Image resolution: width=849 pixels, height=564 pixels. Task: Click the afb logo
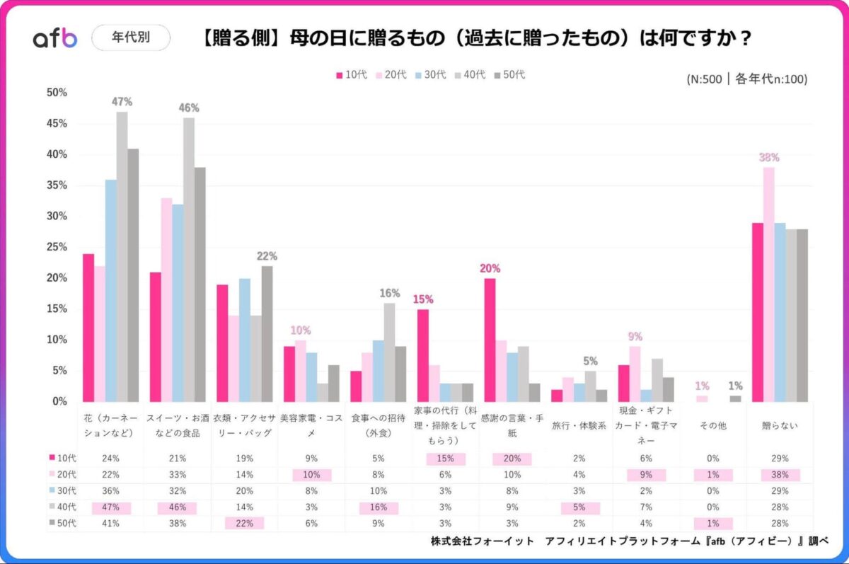pyautogui.click(x=55, y=38)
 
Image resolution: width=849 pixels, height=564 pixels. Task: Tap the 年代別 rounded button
pyautogui.click(x=131, y=38)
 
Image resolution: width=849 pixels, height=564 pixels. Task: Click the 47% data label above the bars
pyautogui.click(x=122, y=102)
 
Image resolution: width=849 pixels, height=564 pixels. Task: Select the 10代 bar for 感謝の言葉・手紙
pyautogui.click(x=490, y=340)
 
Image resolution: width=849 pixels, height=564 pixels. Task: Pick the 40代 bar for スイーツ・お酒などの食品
pyautogui.click(x=188, y=259)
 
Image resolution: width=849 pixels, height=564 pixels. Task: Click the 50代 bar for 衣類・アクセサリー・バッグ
pyautogui.click(x=267, y=333)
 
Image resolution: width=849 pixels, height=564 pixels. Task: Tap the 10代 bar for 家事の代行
pyautogui.click(x=423, y=355)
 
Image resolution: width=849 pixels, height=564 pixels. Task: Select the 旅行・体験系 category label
pyautogui.click(x=579, y=427)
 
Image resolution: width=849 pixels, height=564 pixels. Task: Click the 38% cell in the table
pyautogui.click(x=780, y=475)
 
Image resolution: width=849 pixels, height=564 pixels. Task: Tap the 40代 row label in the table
pyautogui.click(x=64, y=507)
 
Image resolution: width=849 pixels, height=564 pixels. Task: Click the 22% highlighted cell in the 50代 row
pyautogui.click(x=243, y=524)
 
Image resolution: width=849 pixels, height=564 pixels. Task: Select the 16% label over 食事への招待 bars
pyautogui.click(x=389, y=293)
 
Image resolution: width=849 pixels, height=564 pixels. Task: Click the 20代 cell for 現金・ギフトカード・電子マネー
pyautogui.click(x=646, y=475)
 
